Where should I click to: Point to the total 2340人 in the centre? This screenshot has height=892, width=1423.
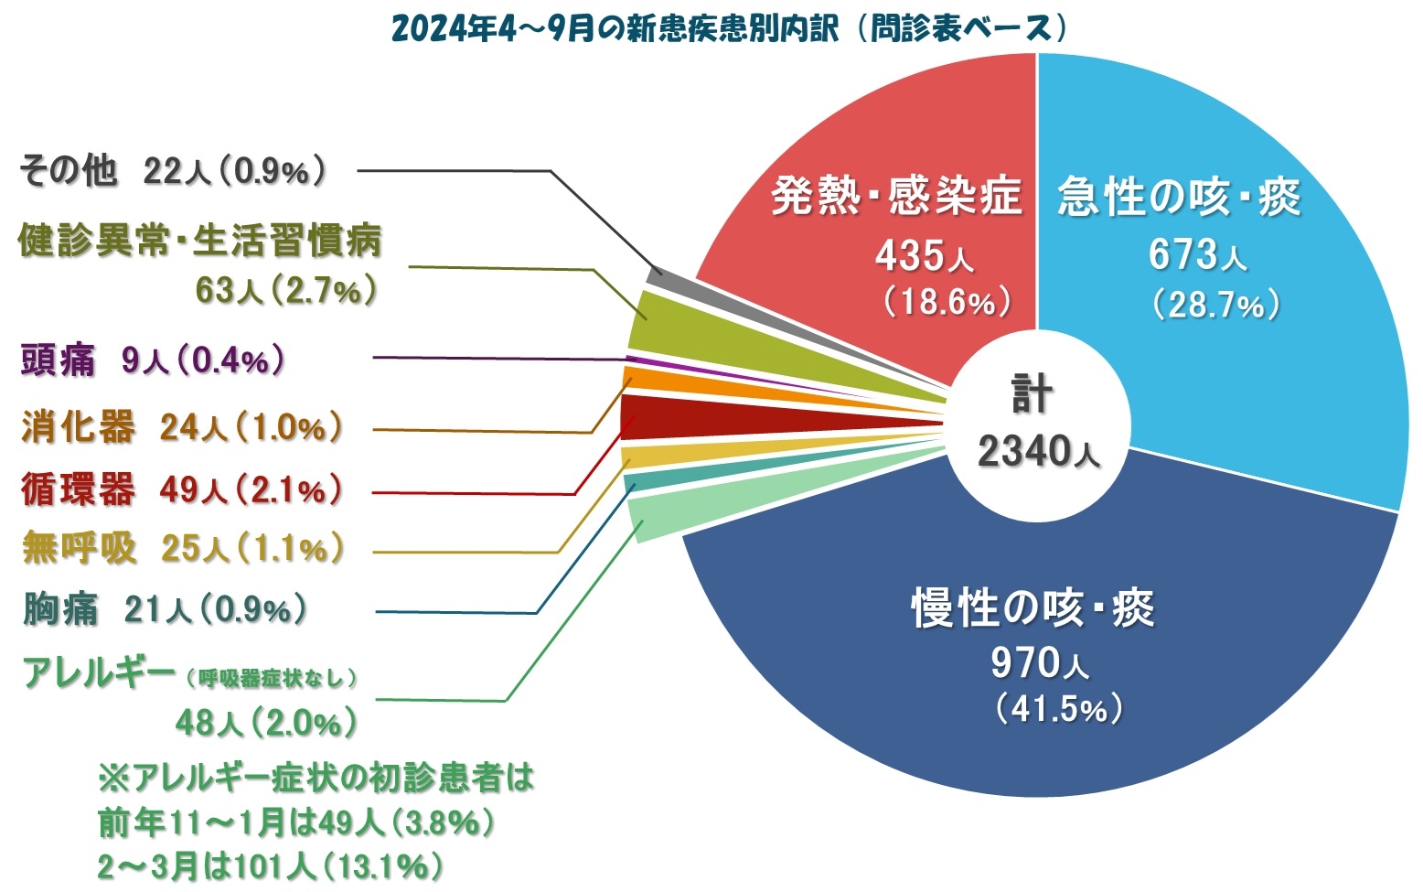1038,451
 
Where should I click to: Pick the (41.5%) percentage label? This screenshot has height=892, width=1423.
1059,709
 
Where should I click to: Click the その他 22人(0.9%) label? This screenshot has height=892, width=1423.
172,171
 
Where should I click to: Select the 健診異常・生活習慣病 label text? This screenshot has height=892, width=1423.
199,242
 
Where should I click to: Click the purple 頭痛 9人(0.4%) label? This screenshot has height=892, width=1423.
152,360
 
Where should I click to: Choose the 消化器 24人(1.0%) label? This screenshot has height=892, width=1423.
182,427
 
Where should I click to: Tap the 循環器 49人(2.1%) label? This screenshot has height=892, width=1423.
182,490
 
